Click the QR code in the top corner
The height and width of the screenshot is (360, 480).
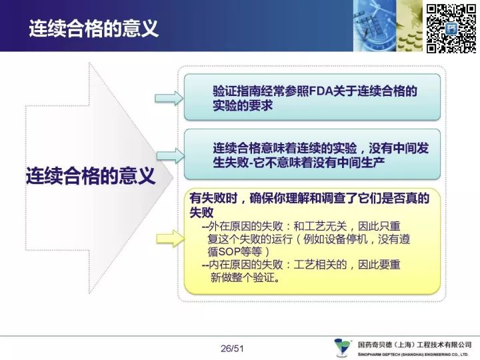coord(451,29)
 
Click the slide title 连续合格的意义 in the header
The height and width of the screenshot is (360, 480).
coord(94,29)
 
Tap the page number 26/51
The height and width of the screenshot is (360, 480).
coord(232,349)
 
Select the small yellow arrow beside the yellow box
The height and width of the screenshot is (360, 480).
coord(170,239)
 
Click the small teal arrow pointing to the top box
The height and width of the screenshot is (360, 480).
coord(169,98)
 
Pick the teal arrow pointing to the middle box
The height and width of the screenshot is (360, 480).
coord(171,155)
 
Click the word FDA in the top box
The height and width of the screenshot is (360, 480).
coord(321,91)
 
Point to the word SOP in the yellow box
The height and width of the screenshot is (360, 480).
coord(229,251)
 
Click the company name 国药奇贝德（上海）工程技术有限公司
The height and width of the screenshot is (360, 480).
coord(415,345)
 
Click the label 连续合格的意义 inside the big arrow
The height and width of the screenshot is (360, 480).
coord(91,176)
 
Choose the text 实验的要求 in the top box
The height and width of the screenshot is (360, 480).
coord(243,105)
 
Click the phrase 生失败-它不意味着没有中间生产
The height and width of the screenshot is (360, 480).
coord(299,163)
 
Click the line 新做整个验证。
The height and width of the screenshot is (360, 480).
coord(245,277)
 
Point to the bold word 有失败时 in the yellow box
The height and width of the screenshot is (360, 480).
coord(213,199)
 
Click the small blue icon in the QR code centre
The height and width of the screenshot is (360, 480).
coord(451,29)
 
